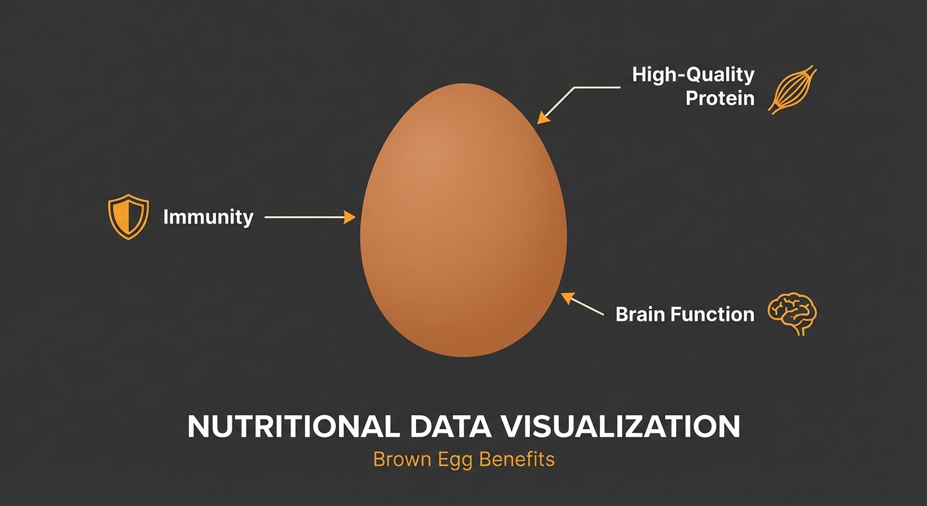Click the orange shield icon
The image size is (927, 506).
[128, 216]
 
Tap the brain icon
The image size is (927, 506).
[793, 314]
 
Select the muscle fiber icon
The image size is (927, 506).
[793, 90]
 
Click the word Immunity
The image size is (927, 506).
[208, 217]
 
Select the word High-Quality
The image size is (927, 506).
[693, 74]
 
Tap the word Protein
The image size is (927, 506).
[720, 99]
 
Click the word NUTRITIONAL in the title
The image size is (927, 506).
[292, 427]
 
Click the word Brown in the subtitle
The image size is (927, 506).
[397, 459]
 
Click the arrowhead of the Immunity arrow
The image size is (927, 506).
[352, 217]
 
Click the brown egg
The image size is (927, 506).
[463, 221]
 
